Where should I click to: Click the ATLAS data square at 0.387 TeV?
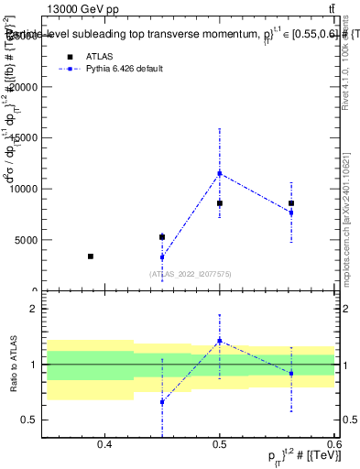coord(90,256)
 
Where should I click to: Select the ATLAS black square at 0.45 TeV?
coord(162,237)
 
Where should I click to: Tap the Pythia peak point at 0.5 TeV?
coord(220,173)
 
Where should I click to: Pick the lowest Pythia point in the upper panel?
coord(162,257)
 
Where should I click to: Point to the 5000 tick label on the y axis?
coord(26,240)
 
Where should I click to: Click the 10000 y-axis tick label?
coord(24,189)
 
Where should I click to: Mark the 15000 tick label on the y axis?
coord(24,138)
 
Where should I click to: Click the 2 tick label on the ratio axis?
coord(35,310)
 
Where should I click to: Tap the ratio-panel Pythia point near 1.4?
coord(220,341)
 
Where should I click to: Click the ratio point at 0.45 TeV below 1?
coord(162,402)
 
